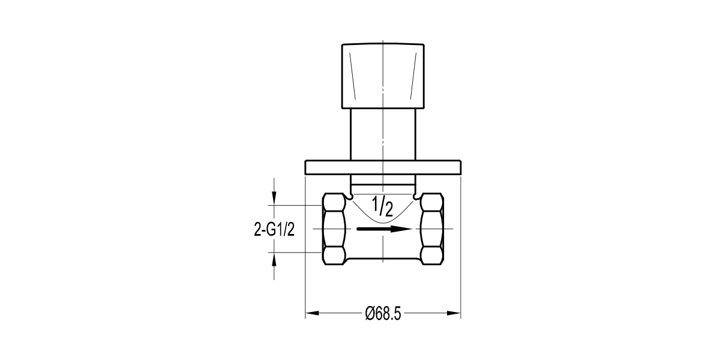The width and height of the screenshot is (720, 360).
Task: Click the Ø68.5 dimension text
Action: point(383,313)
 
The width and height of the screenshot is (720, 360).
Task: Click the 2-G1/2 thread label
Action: point(274,229)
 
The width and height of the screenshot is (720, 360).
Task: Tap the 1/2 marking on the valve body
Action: point(382,206)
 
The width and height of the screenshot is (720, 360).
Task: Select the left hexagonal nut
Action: point(334,229)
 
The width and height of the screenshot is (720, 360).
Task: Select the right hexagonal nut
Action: point(431,229)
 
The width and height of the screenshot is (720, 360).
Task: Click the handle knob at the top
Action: point(383,76)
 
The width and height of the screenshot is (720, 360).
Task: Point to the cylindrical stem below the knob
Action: point(383,134)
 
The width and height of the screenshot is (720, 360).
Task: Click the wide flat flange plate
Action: point(383,167)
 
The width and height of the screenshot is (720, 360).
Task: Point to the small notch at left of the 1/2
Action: point(349,196)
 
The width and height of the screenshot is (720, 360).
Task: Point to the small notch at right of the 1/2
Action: point(416,196)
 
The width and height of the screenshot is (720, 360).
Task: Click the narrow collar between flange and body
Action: point(383,181)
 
